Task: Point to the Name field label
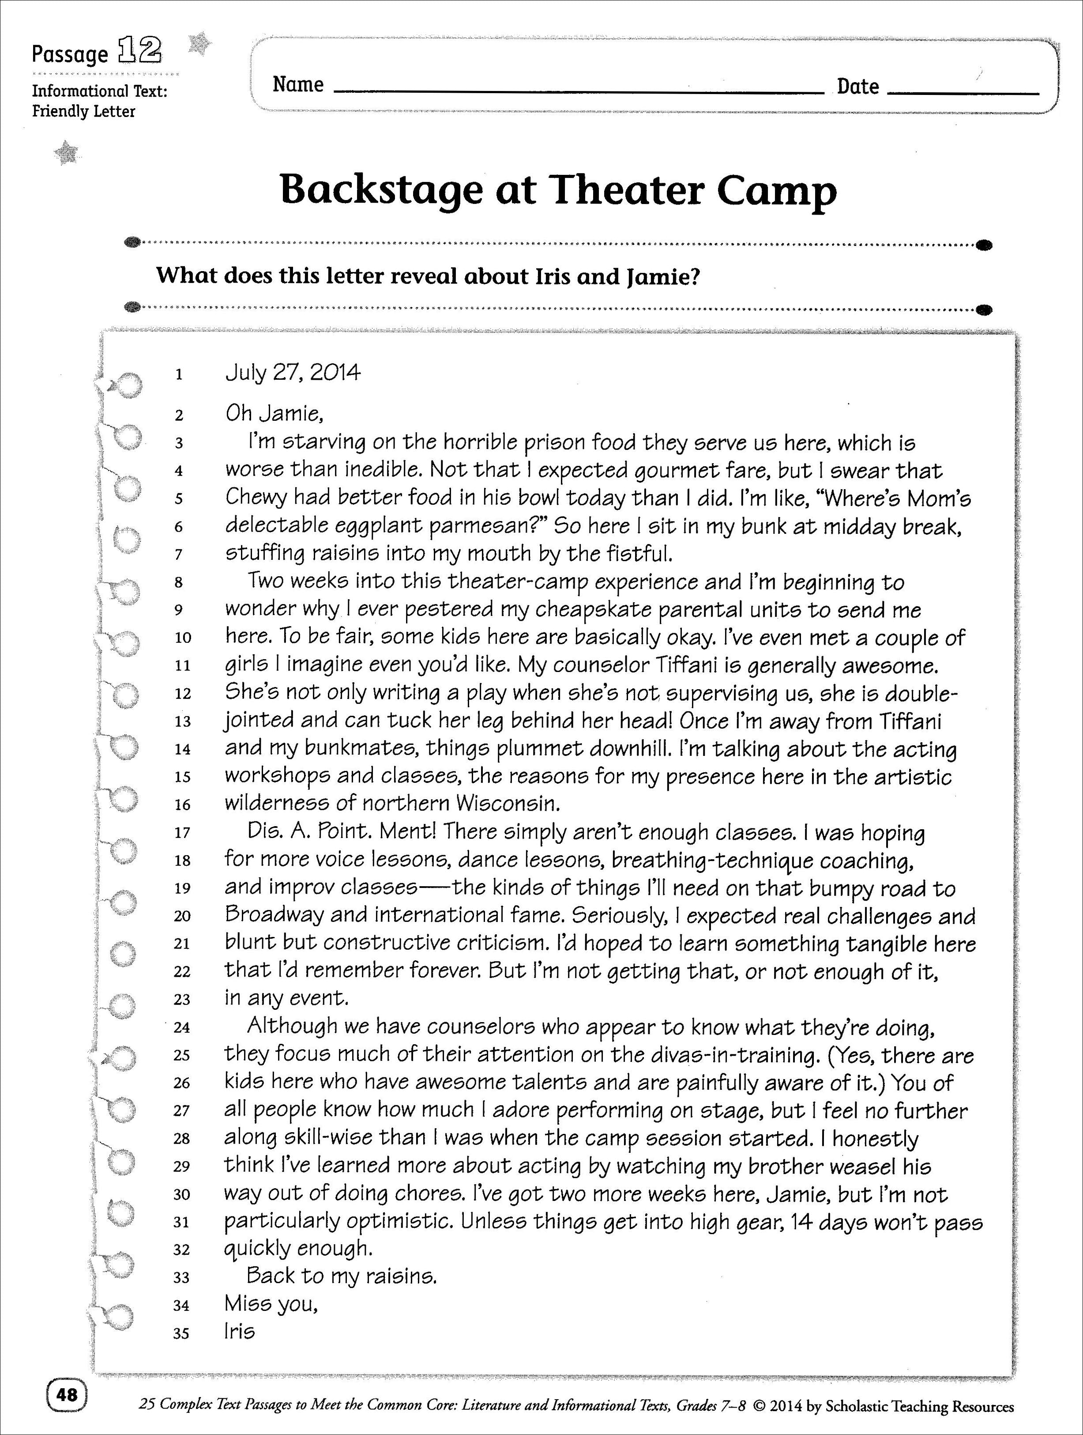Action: coord(297,84)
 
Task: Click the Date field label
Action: coord(857,86)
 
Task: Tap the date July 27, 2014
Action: coord(293,373)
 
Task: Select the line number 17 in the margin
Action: coord(182,832)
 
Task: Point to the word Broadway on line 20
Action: coord(274,915)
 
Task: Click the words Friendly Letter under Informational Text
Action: coord(84,112)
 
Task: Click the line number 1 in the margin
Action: coord(179,374)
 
